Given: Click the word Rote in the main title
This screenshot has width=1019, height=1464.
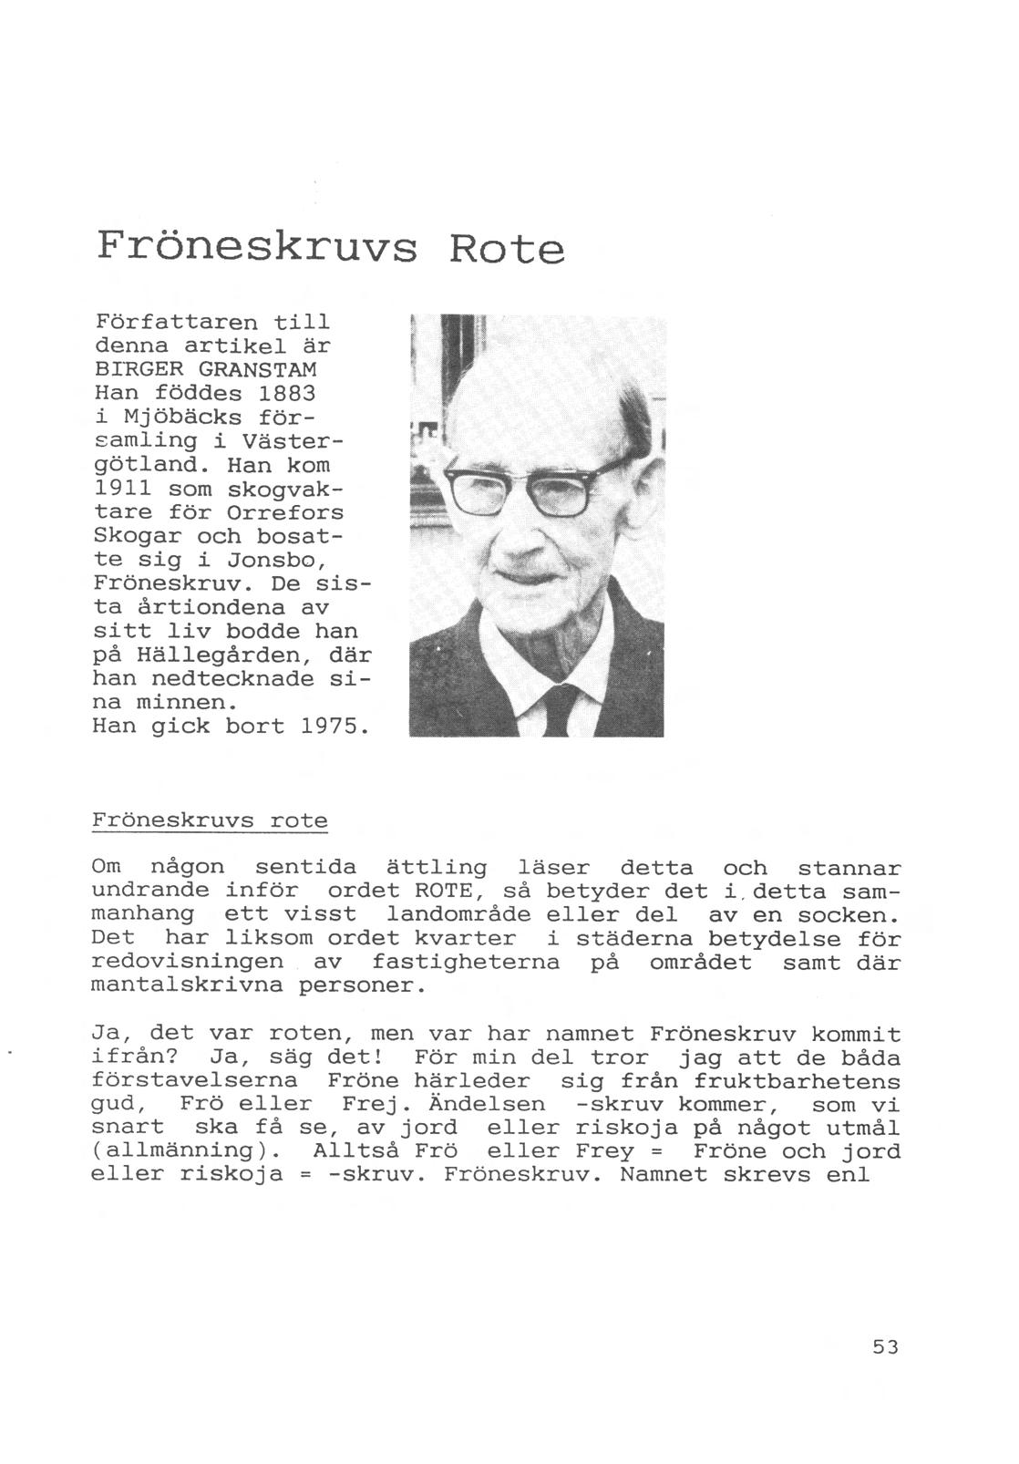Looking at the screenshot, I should coord(506,247).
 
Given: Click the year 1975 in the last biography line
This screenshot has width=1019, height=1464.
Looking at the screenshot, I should coord(335,727).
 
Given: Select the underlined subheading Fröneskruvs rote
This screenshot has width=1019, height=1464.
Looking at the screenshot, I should coord(210,820).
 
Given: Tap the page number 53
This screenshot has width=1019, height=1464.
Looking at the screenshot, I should coord(885,1346).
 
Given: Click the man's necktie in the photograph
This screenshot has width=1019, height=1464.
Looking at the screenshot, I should coord(558,711).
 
